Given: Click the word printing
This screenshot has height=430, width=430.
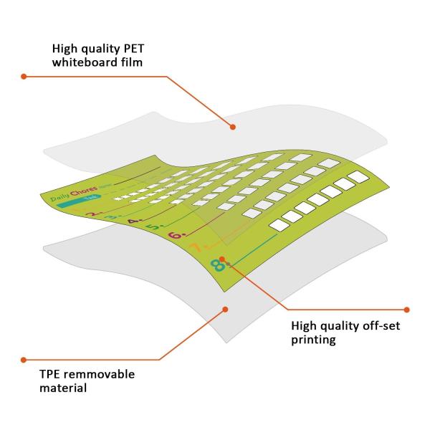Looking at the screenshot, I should click(313, 340).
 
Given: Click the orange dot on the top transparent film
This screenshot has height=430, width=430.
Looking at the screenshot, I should click(233, 126).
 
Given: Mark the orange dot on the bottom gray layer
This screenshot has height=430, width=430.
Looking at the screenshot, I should click(225, 310).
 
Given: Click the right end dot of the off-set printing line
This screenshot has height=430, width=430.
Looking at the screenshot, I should click(407, 310).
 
